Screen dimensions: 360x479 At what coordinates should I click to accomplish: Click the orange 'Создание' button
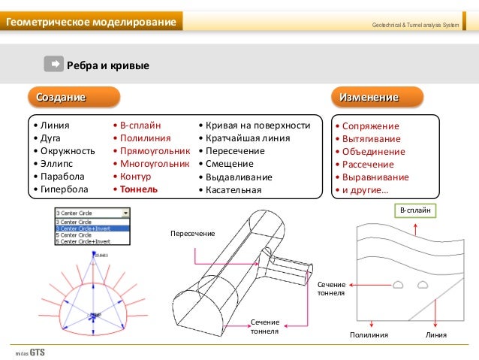click(x=73, y=97)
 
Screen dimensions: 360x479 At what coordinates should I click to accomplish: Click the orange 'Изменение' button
click(x=377, y=97)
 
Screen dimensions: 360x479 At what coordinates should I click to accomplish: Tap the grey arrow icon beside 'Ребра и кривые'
click(x=53, y=64)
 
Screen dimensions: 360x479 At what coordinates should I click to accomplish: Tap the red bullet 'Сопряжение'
click(x=369, y=126)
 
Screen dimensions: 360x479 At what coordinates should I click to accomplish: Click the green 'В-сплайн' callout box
click(x=415, y=210)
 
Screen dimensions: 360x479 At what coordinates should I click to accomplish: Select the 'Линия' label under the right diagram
click(x=435, y=335)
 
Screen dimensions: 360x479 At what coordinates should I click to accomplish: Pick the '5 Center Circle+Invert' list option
click(x=83, y=241)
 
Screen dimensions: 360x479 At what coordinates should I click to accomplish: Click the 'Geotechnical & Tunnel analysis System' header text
click(x=415, y=26)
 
